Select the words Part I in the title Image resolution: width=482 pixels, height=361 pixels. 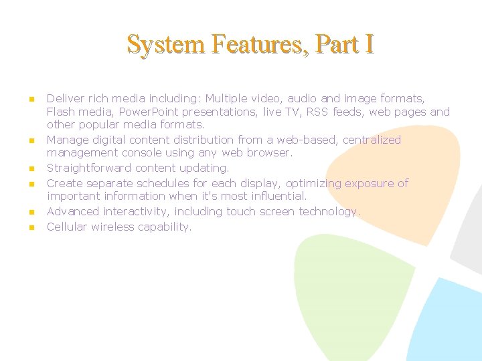tap(345, 44)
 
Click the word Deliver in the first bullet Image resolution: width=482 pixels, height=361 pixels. tap(64, 99)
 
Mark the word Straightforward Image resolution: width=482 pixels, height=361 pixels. tap(89, 168)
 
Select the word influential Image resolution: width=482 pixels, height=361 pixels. tap(275, 196)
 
